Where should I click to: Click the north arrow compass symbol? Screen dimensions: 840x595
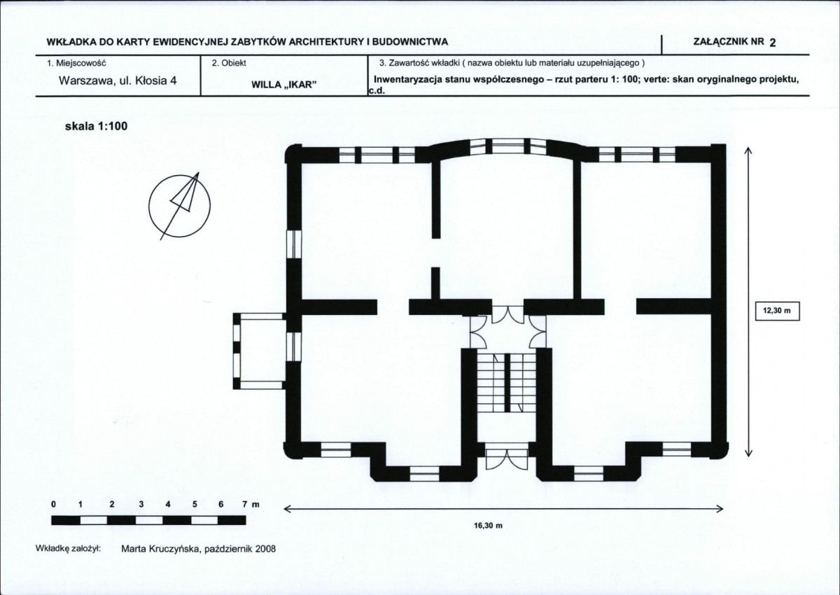pos(179,206)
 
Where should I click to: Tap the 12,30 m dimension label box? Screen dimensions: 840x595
pos(777,311)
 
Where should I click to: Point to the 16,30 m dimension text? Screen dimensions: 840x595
pos(488,526)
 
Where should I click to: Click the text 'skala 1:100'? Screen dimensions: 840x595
pos(97,126)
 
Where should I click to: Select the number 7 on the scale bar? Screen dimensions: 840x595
pos(244,504)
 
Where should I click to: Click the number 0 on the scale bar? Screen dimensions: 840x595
pos(54,504)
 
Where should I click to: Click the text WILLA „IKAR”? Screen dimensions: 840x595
pos(281,85)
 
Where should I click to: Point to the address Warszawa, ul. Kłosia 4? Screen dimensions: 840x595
pos(118,80)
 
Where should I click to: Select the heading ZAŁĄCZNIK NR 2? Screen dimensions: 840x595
pos(734,42)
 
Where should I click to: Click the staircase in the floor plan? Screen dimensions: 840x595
pos(506,383)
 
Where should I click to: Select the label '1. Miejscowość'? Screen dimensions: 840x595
pos(76,63)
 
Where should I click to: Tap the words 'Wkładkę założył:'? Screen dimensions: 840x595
pos(68,549)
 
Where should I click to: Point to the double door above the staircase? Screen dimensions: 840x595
pos(507,314)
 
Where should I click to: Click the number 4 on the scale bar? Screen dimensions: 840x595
pos(167,504)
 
